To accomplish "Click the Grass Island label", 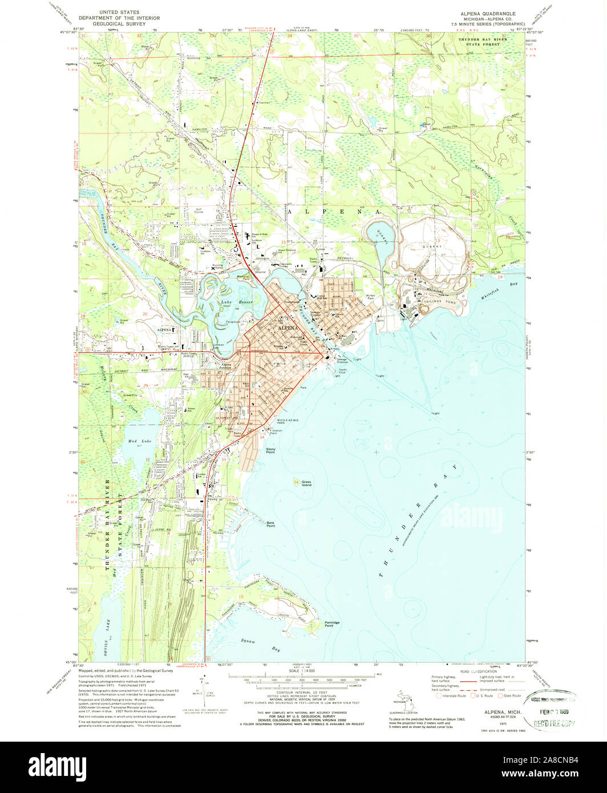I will click(307, 483).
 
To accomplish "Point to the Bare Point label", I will click(271, 524).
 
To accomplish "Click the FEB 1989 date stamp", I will click(556, 713).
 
